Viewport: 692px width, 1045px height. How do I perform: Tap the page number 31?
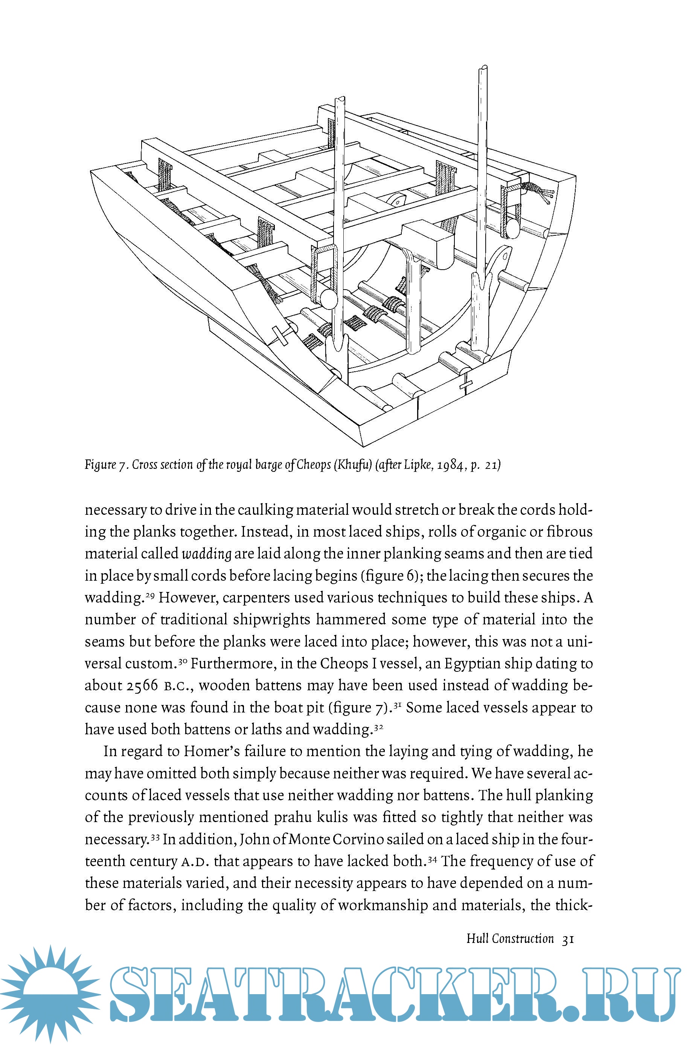567,939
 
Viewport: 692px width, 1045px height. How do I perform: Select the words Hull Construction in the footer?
510,939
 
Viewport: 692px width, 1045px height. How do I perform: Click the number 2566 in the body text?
142,685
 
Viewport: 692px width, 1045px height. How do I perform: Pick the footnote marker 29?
149,595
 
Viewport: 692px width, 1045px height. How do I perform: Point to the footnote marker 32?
378,726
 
